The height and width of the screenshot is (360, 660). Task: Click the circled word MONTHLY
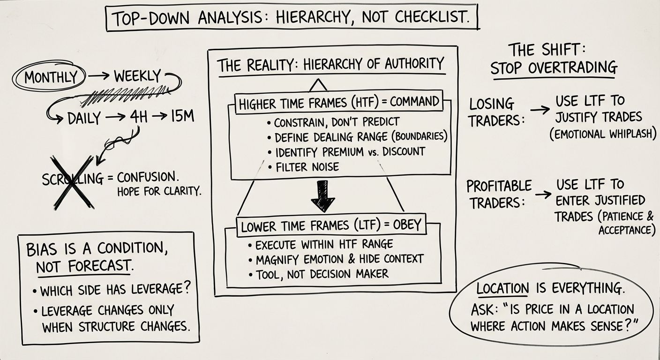(x=50, y=77)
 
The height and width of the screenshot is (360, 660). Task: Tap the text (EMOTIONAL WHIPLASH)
(x=602, y=134)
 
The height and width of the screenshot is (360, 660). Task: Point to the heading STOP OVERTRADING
(x=554, y=68)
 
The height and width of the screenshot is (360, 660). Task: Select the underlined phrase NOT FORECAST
(x=84, y=266)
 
